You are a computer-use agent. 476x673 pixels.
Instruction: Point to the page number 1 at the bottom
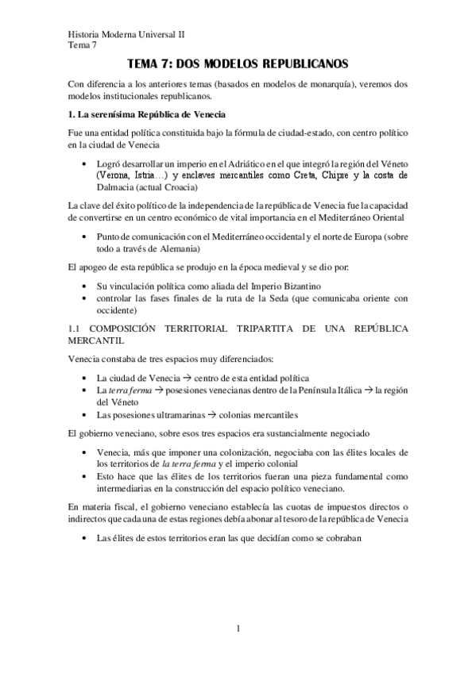(238, 629)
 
